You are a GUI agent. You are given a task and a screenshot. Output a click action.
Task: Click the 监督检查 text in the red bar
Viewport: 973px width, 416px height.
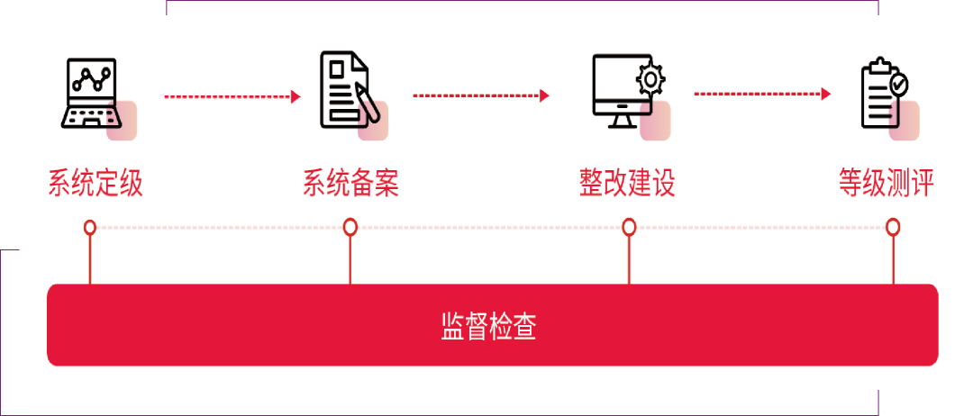488,326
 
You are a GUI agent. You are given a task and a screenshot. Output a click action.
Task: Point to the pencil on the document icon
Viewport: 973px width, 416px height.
365,101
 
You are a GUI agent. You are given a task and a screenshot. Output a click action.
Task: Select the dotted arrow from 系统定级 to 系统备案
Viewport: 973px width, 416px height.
232,95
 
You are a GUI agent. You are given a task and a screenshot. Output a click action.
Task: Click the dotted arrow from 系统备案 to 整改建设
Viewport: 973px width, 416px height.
481,95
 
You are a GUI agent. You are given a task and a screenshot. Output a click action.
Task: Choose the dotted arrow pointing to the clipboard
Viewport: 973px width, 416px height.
762,94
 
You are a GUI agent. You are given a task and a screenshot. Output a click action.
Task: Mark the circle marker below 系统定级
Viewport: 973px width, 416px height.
90,227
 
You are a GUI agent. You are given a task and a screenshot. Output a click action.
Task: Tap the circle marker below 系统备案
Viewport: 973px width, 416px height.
350,227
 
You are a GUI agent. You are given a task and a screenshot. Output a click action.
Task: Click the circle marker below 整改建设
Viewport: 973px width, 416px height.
628,227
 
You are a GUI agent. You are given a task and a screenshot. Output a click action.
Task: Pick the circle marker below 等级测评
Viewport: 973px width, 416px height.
893,227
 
